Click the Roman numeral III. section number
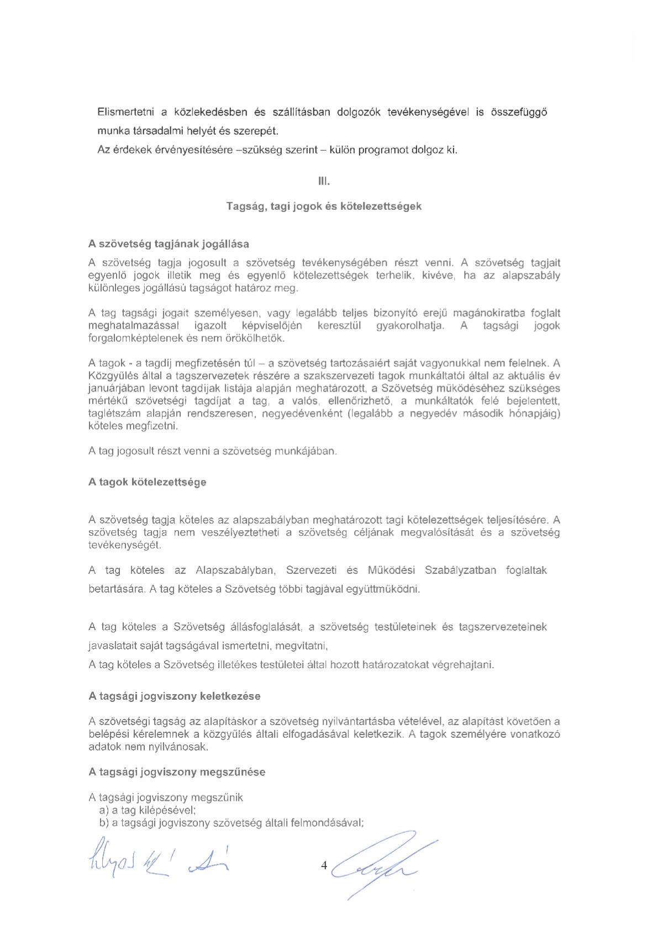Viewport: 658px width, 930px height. click(x=324, y=181)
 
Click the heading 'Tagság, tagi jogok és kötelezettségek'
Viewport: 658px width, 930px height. click(x=324, y=206)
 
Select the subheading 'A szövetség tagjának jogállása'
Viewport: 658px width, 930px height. click(x=169, y=244)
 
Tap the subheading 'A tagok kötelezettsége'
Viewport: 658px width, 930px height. click(x=147, y=482)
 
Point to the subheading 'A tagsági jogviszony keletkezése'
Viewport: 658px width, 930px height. click(x=174, y=696)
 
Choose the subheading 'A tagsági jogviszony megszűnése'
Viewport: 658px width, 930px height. click(x=177, y=772)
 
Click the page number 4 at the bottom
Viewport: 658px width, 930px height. click(x=324, y=865)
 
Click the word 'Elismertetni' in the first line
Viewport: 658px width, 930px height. click(x=125, y=112)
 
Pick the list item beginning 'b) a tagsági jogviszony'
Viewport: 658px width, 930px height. click(x=231, y=823)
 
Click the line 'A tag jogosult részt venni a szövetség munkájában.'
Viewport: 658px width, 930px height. click(x=213, y=451)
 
